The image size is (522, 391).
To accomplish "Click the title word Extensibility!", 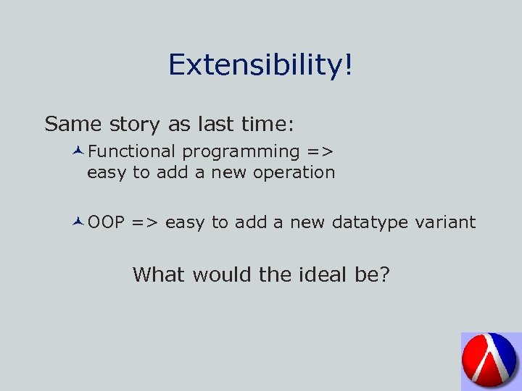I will [261, 66].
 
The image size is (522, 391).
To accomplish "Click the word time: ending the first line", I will [268, 125].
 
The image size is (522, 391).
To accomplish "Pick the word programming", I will [241, 153].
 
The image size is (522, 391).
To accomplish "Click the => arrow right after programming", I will [320, 152].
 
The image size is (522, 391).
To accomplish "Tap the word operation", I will [294, 173].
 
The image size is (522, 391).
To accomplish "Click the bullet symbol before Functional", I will [79, 151].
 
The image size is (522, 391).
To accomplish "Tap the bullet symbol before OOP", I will [79, 222].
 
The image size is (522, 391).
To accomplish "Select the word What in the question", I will [159, 275].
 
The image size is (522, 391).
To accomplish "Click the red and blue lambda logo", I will [490, 361].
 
